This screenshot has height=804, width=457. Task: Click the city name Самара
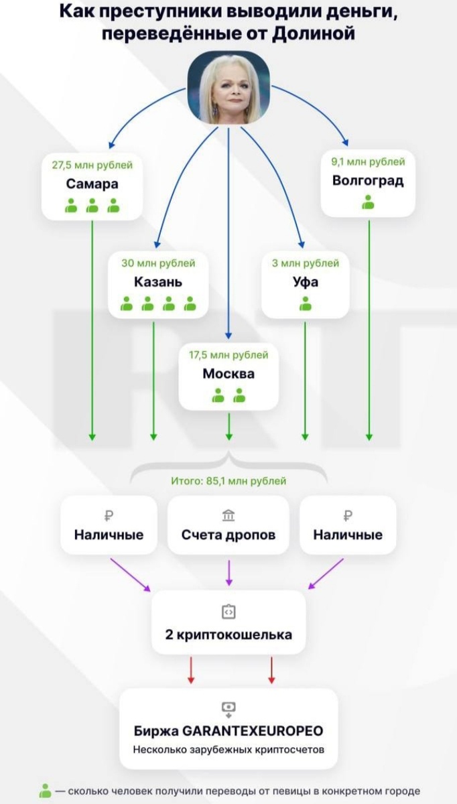point(92,184)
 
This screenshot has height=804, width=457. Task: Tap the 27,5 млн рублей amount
point(92,164)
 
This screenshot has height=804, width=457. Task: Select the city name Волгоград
point(368,180)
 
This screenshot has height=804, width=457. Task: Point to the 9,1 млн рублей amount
point(368,161)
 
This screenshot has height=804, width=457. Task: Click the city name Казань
point(158,282)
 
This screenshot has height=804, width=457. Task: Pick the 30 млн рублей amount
point(158,263)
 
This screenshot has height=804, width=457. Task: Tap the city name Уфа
point(306,282)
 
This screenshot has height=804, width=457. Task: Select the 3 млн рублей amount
point(306,263)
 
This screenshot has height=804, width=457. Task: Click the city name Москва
point(228,374)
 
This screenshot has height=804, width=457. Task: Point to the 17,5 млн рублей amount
point(228,355)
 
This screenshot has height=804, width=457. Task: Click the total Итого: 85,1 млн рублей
point(228,480)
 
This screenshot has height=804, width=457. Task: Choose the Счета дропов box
point(228,525)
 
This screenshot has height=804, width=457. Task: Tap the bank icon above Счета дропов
point(228,515)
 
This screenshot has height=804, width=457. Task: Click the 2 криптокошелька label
point(228,634)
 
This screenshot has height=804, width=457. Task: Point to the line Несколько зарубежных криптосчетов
point(228,749)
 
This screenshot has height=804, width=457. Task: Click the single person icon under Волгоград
point(368,202)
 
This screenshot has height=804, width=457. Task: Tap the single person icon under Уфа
point(306,304)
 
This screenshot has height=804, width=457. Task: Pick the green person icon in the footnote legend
point(46,791)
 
